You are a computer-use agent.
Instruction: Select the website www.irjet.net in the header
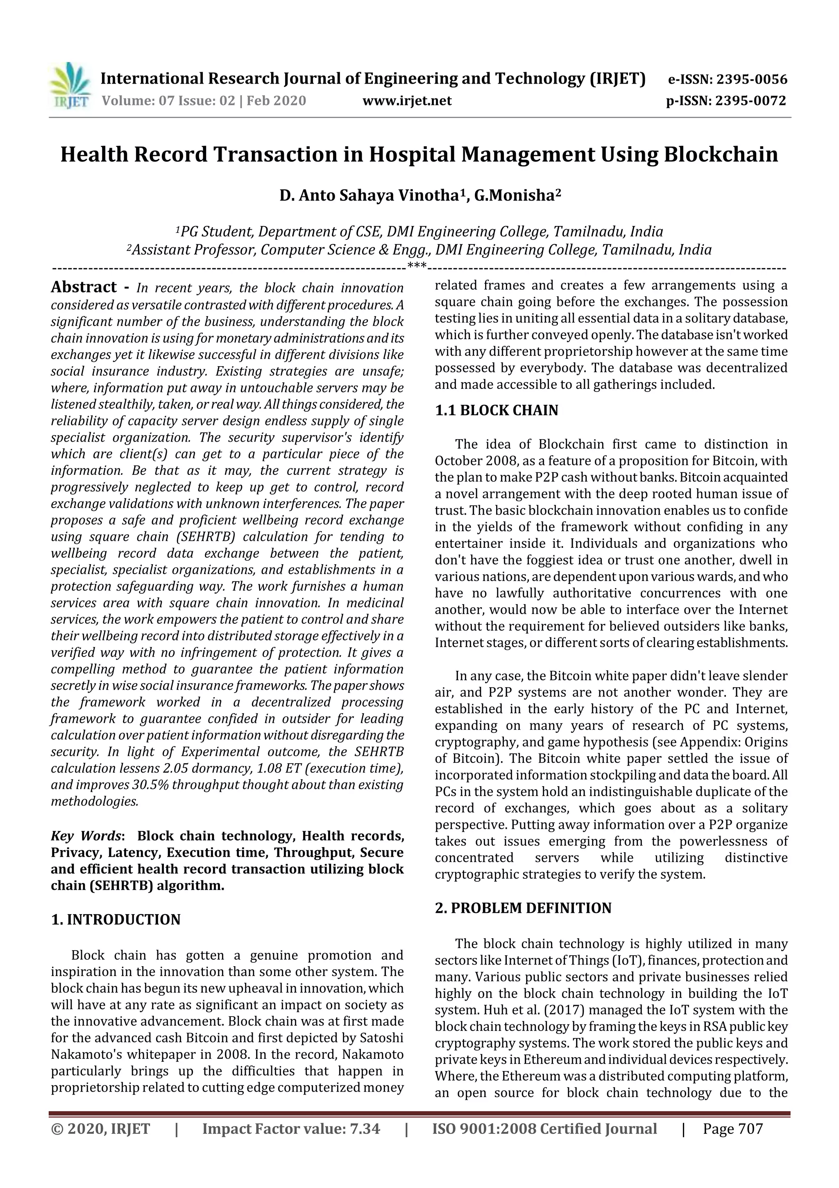click(407, 101)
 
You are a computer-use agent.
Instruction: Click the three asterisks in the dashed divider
click(417, 267)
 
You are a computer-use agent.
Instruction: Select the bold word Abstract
click(84, 287)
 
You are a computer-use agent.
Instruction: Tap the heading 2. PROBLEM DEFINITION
click(523, 908)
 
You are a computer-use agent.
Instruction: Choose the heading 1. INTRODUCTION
click(116, 919)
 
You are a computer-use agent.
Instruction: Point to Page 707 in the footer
click(732, 1129)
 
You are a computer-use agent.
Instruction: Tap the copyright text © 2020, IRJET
click(100, 1129)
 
